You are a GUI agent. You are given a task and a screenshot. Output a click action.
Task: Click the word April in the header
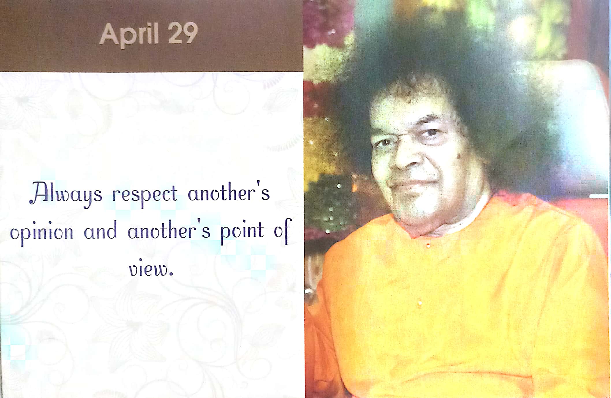pyautogui.click(x=129, y=35)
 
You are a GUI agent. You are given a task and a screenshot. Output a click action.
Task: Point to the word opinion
pyautogui.click(x=42, y=233)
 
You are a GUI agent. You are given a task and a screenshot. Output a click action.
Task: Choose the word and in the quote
pyautogui.click(x=100, y=230)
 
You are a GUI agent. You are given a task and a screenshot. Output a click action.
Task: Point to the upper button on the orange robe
pyautogui.click(x=428, y=245)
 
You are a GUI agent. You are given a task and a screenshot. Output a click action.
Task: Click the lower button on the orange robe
pyautogui.click(x=420, y=303)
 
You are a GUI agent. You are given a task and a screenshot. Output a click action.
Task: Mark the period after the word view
pyautogui.click(x=172, y=274)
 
